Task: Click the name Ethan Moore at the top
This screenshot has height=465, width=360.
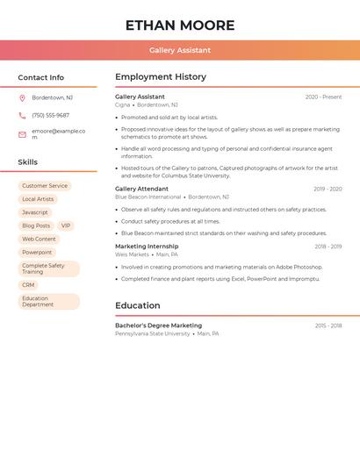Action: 180,25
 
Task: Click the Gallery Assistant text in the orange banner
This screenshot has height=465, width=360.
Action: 180,50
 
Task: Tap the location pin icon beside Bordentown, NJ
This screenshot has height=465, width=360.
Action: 22,97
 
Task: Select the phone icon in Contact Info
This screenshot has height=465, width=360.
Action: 22,115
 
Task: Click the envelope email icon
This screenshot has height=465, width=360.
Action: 22,134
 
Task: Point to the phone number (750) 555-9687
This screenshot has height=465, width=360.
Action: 50,115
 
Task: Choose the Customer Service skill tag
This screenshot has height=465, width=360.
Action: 45,186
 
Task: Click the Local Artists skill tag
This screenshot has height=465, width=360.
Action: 38,199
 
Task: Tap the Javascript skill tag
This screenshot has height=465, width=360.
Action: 35,212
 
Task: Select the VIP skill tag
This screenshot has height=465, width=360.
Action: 66,225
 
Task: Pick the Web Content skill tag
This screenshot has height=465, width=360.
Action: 39,239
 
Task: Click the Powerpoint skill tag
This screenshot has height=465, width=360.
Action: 37,253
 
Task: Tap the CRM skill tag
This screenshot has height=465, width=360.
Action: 28,285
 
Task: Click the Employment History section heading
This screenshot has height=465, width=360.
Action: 161,77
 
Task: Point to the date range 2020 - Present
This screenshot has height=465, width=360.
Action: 323,97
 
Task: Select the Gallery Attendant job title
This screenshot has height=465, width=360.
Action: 141,189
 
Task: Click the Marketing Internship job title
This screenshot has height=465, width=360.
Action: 147,247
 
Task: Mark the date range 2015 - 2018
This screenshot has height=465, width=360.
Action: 328,325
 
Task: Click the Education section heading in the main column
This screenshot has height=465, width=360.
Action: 138,305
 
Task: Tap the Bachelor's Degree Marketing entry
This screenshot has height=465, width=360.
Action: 158,325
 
